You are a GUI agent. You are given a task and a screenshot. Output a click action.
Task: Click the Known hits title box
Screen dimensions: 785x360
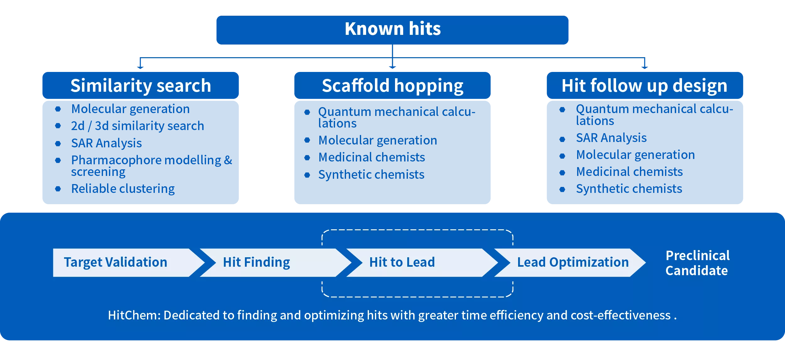click(392, 30)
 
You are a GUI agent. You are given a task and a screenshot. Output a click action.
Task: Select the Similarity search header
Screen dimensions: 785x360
click(140, 85)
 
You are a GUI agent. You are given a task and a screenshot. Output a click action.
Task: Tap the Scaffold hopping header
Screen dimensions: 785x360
click(392, 85)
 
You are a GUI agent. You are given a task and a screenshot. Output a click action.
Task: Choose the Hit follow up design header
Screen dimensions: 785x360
click(645, 85)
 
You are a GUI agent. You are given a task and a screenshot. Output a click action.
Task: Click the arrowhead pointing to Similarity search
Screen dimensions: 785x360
click(140, 67)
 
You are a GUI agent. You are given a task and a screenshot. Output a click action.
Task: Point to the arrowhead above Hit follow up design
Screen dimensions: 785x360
click(645, 67)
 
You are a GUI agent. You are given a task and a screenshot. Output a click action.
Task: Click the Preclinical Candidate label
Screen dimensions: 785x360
click(697, 263)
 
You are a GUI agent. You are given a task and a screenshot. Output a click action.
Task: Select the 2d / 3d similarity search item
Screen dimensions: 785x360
click(138, 126)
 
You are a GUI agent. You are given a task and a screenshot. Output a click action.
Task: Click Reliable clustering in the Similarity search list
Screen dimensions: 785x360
click(123, 189)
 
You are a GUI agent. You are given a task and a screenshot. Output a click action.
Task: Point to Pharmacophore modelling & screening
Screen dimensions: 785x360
click(151, 166)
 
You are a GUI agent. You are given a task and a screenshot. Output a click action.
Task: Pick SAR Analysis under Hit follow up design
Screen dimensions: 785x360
click(611, 138)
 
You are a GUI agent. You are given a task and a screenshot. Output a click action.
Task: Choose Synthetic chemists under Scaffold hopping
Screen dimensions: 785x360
click(371, 175)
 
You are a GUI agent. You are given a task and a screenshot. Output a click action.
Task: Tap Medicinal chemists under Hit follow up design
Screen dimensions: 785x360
click(629, 172)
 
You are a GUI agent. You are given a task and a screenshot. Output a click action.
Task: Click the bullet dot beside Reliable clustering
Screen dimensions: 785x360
click(58, 189)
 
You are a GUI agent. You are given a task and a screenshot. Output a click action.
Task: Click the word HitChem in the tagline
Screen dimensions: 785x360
click(134, 315)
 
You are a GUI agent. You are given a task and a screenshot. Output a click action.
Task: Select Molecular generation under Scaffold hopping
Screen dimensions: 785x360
click(377, 140)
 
